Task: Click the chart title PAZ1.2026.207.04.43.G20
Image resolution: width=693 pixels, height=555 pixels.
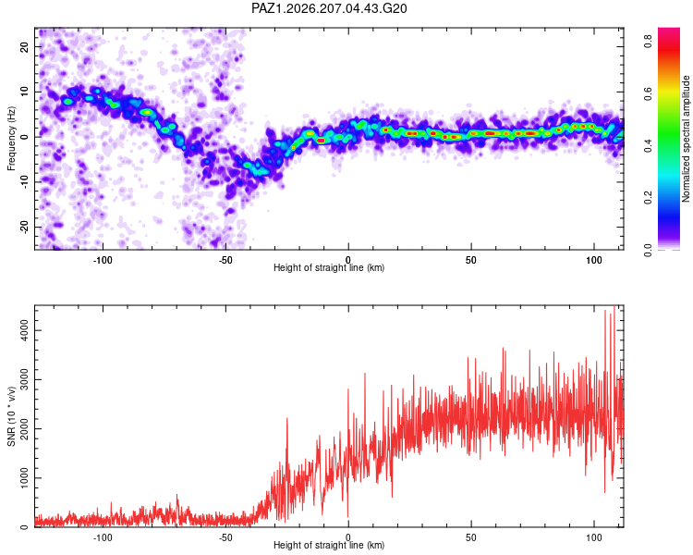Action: pos(329,8)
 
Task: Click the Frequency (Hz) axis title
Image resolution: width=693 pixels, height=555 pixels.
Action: pos(11,139)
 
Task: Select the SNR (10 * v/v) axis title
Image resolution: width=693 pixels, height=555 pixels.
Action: pos(11,416)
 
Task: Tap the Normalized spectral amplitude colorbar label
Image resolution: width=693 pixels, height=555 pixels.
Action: pos(686,139)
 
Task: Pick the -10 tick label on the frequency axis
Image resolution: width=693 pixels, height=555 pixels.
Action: pos(25,182)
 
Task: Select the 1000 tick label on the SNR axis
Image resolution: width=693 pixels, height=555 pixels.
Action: pos(25,478)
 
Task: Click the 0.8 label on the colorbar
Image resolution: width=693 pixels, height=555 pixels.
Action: pos(648,41)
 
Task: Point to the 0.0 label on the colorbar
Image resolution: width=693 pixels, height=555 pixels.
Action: pos(648,250)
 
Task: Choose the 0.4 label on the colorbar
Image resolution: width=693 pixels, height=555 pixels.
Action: pos(648,145)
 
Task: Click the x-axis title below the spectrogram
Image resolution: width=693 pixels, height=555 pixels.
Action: pos(329,267)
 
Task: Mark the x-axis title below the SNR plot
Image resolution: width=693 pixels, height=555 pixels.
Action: pos(329,545)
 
